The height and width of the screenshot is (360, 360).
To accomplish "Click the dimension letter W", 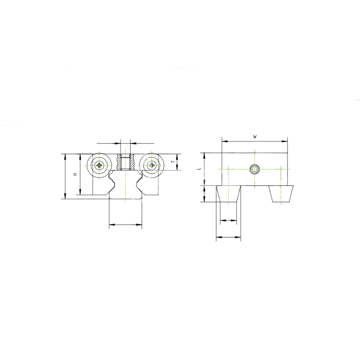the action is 254,137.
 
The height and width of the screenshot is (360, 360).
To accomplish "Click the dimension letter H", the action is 75,174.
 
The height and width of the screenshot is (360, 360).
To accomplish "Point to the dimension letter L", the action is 199,169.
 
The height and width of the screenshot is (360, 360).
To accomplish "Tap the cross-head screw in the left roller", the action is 99,165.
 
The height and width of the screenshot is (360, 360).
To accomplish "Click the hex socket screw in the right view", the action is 254,170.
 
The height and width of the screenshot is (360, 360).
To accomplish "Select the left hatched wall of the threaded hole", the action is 119,162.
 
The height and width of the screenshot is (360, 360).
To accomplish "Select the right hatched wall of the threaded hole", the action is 132,162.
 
